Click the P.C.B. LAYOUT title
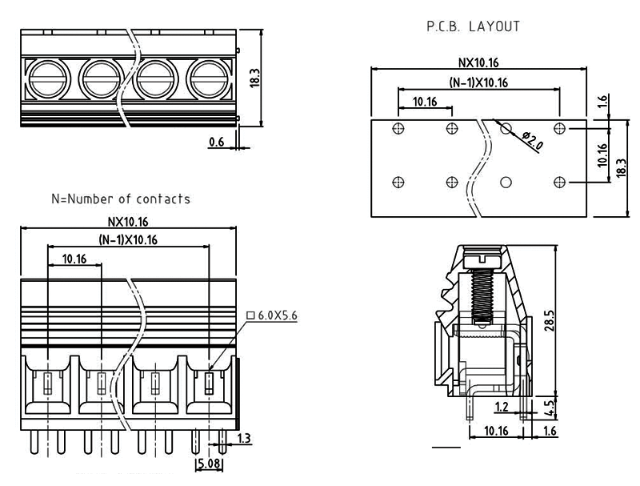pos(474,26)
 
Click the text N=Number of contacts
pos(121,199)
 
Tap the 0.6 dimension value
pos(216,142)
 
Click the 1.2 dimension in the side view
pos(502,408)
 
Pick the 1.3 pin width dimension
pos(245,437)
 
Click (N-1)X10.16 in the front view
pos(128,239)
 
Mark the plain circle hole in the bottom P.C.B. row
pos(506,183)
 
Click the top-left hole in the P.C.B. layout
pos(398,128)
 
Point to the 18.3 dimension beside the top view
pos(255,78)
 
